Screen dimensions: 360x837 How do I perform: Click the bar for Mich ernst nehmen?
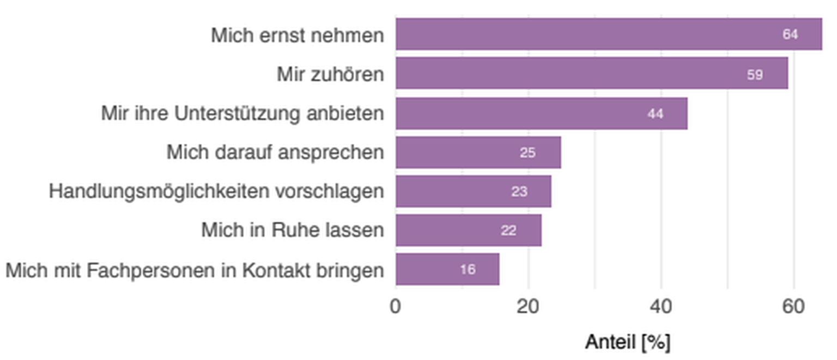(x=609, y=34)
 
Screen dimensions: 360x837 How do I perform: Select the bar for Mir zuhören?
(x=592, y=74)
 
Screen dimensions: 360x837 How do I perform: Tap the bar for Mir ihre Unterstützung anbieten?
(x=541, y=113)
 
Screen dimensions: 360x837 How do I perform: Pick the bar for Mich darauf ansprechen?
(x=478, y=152)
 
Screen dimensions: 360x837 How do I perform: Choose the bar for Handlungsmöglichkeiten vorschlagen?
(x=473, y=192)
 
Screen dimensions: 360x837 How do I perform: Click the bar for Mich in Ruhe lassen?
(x=469, y=230)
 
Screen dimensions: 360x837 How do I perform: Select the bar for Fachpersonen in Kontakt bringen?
(x=447, y=270)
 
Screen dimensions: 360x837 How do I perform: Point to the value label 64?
(x=790, y=34)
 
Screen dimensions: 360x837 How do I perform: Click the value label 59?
(x=755, y=75)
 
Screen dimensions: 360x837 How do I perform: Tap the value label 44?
(x=655, y=114)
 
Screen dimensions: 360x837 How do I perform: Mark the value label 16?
(x=467, y=270)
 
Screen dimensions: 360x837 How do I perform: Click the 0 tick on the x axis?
(x=396, y=307)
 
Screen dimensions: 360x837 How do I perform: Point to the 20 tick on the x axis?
(x=528, y=307)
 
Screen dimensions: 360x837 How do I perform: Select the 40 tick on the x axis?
(x=661, y=307)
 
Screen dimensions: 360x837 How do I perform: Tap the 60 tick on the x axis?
(x=793, y=307)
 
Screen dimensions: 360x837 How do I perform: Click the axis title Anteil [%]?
(x=627, y=342)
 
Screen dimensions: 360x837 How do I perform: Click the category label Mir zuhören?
(x=330, y=74)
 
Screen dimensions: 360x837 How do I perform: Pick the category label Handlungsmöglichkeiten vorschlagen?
(x=216, y=192)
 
